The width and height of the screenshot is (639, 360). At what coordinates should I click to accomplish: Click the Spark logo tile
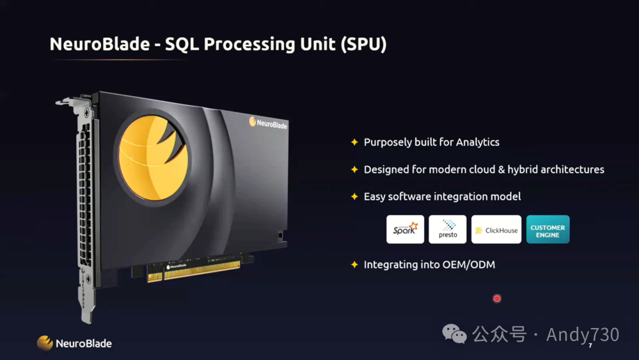405,229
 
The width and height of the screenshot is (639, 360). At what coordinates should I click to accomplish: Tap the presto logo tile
448,229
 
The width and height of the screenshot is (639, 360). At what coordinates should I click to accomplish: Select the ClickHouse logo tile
496,229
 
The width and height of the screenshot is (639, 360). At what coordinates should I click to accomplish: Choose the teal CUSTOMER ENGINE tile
548,229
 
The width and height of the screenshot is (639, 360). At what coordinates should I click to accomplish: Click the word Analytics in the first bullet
477,142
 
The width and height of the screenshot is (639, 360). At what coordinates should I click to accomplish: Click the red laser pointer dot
497,298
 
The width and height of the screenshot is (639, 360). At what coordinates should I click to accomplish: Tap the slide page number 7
590,345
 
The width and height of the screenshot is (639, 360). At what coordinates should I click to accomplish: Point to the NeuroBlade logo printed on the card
269,123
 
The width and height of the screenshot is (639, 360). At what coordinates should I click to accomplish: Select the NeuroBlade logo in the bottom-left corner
75,343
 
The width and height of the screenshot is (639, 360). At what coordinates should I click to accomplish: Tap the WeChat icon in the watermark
455,335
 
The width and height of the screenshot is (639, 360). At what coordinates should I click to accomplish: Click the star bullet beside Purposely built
354,142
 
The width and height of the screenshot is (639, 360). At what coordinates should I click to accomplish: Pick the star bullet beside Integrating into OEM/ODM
354,265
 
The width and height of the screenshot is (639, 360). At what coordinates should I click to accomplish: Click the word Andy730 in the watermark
582,335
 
